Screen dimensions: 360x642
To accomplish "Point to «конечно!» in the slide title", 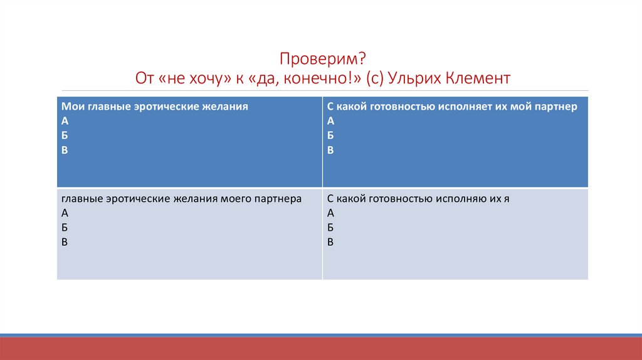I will click(x=334, y=79).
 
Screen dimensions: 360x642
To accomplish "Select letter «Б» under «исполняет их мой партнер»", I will click(x=330, y=135).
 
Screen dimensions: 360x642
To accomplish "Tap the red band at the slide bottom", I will click(x=321, y=349).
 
